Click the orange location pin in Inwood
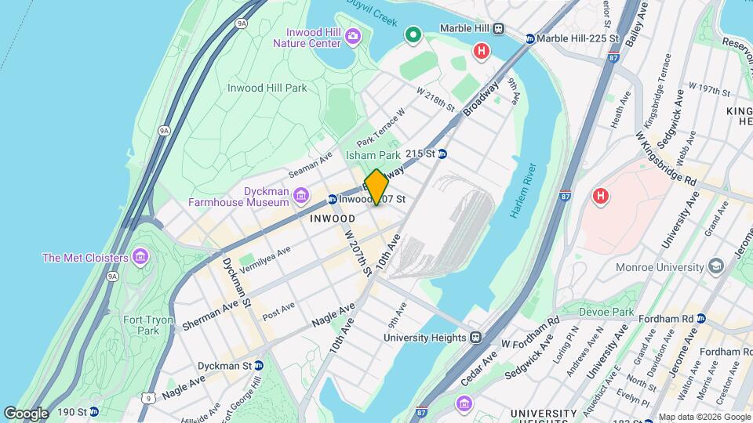tap(376, 186)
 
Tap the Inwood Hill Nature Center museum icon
tap(353, 35)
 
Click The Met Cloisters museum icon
tap(140, 257)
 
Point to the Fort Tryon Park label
tap(141, 325)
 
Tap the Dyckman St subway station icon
tap(258, 366)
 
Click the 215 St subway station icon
tap(442, 154)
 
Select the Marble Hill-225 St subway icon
tap(530, 38)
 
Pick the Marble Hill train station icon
tap(498, 28)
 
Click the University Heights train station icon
tap(475, 338)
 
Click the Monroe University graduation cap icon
tap(716, 267)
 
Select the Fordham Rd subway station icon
tap(700, 319)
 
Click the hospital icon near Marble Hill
tap(482, 52)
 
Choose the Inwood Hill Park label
tap(267, 89)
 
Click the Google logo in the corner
tap(26, 413)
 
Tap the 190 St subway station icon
tap(94, 411)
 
